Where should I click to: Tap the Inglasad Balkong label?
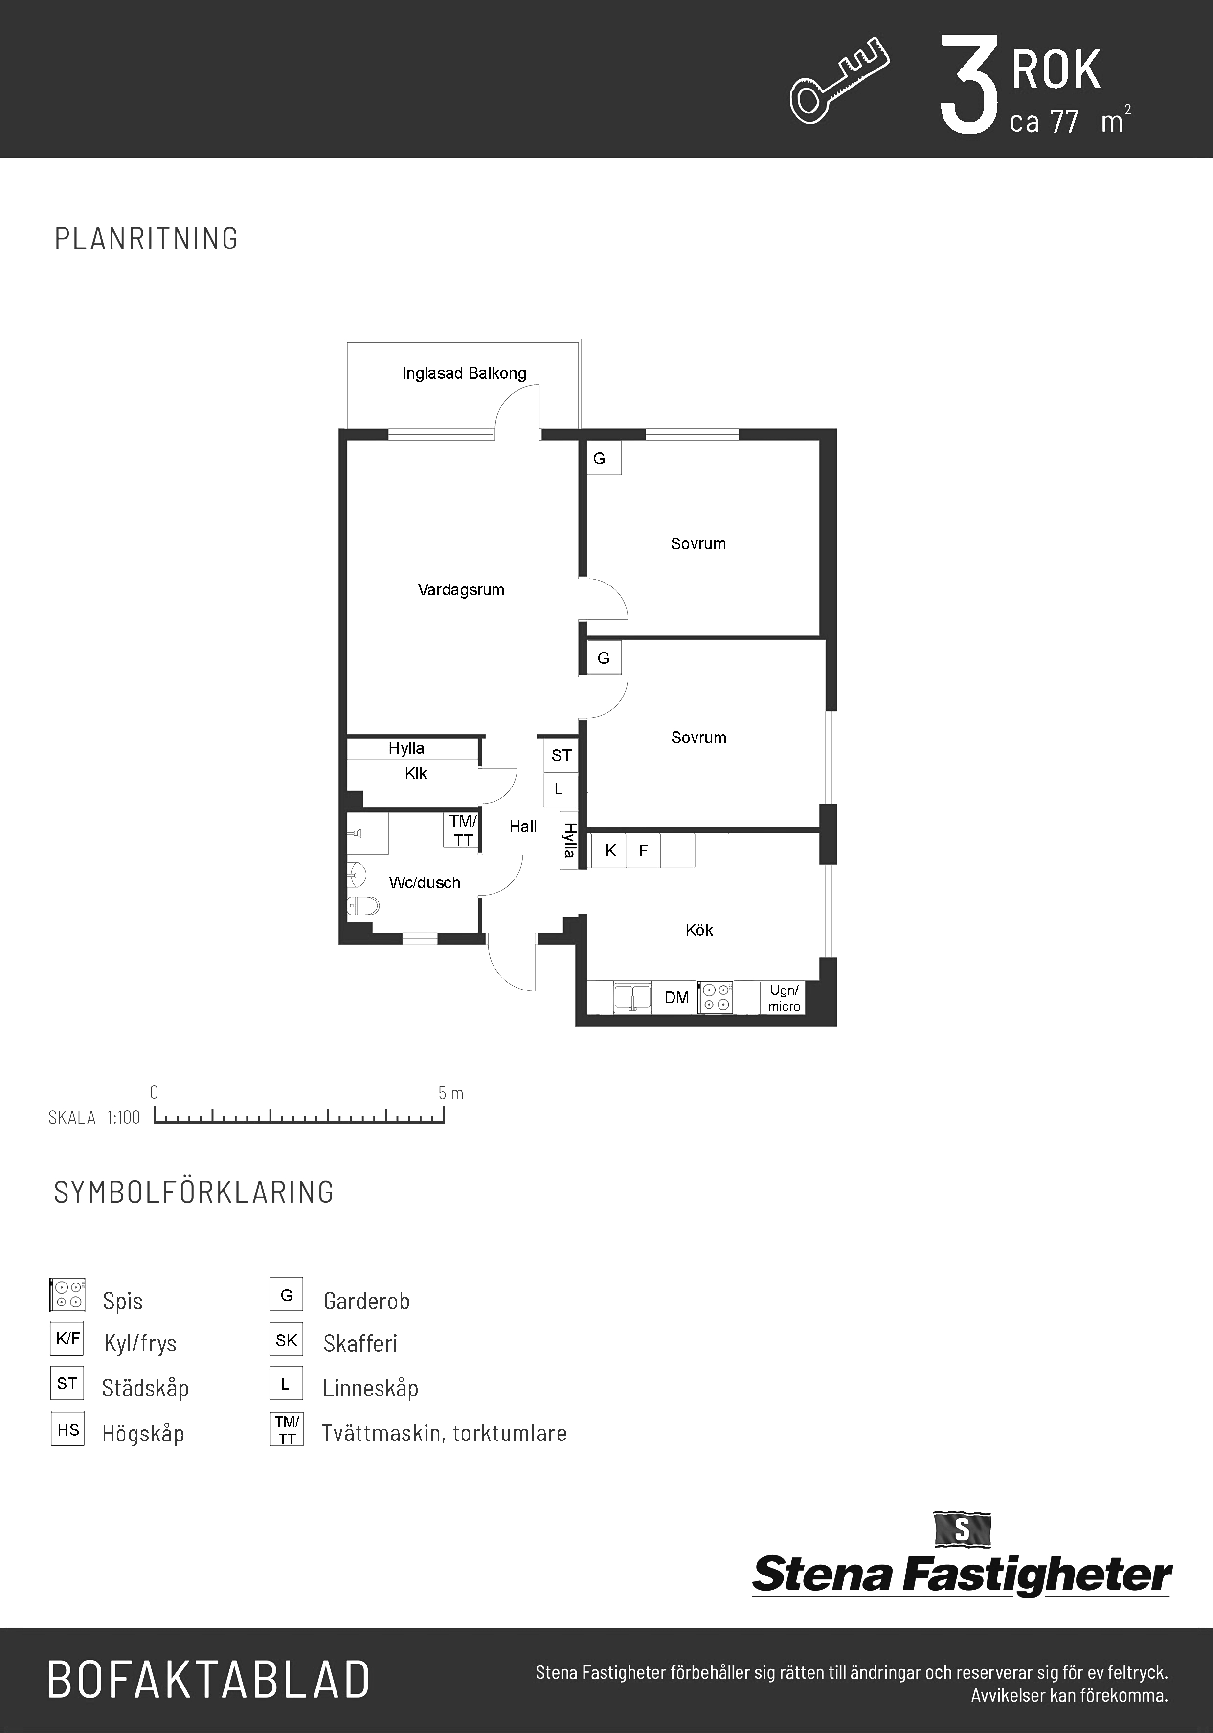click(464, 373)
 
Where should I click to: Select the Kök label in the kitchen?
click(699, 930)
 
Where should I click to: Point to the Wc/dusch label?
click(424, 882)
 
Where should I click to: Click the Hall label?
click(523, 827)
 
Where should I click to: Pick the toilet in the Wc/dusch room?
click(363, 906)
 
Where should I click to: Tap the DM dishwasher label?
click(676, 998)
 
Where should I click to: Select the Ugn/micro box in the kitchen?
click(784, 998)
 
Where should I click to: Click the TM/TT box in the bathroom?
click(461, 830)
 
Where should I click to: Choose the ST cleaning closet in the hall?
click(562, 755)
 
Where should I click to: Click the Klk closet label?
click(416, 774)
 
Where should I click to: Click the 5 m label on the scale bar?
click(450, 1093)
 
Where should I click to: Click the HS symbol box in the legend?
click(67, 1430)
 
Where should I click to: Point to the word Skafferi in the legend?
click(360, 1344)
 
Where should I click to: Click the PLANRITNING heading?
click(146, 239)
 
